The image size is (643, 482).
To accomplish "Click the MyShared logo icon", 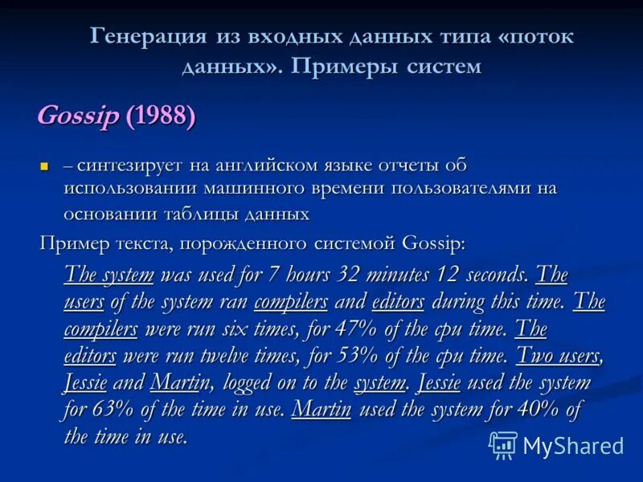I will [x=503, y=444].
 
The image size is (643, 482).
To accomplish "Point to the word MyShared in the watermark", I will [x=573, y=446].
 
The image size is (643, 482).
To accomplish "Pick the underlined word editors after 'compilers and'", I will [x=399, y=302].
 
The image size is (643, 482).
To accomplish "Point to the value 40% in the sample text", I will [x=538, y=410].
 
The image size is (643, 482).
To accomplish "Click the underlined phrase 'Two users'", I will [x=558, y=356].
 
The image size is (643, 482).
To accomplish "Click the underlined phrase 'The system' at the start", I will [x=109, y=276].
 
